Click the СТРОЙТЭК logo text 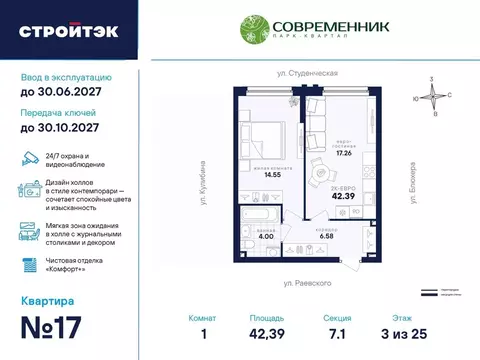pos(68,31)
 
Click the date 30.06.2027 pos(60,92)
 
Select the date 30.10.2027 pos(60,129)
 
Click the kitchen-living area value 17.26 pos(346,154)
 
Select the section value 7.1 pos(338,338)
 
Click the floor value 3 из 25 pos(405,338)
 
